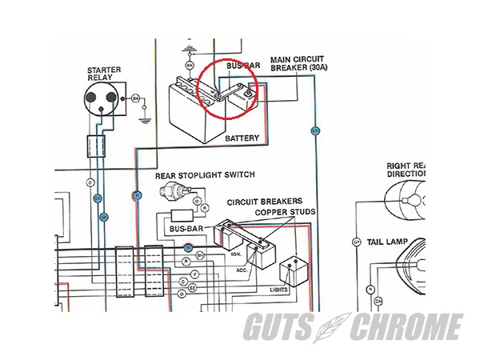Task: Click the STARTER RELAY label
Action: pos(103,75)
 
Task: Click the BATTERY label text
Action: pos(242,138)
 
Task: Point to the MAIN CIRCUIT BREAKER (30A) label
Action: pos(297,64)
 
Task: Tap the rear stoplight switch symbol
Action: pos(173,192)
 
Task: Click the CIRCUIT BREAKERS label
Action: pos(258,202)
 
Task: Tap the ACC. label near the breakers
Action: pos(242,270)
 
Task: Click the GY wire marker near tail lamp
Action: pos(356,242)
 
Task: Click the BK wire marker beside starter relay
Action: pos(135,98)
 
